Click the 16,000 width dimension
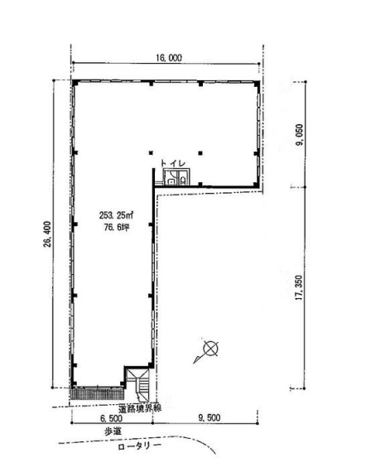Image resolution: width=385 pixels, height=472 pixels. click(x=169, y=58)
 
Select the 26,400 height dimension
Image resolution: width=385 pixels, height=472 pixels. click(x=47, y=234)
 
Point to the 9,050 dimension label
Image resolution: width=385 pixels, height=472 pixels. click(x=300, y=135)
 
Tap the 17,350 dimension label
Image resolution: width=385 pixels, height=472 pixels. click(x=299, y=287)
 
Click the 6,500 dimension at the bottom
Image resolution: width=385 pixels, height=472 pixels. click(x=112, y=418)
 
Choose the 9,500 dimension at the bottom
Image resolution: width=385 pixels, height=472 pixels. click(x=209, y=418)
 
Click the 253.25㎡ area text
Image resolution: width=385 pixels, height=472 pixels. click(x=117, y=215)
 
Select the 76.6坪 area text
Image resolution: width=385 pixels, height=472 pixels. click(x=117, y=227)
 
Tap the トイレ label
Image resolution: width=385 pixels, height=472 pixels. click(x=173, y=163)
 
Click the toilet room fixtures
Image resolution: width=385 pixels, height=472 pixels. click(x=176, y=176)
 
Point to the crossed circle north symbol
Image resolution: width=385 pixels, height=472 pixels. click(x=210, y=349)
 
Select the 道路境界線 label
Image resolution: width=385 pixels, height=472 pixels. click(x=140, y=408)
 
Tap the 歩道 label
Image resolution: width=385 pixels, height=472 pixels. click(x=113, y=431)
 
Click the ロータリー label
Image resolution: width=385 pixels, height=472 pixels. click(x=139, y=446)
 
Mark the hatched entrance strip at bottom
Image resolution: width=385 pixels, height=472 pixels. click(x=97, y=393)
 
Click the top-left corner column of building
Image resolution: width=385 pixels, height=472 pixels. click(x=75, y=83)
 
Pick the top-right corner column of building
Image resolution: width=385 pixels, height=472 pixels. click(x=257, y=83)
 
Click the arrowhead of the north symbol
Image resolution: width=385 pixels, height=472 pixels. click(x=196, y=359)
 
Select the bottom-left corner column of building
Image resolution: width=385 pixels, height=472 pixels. click(x=74, y=383)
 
